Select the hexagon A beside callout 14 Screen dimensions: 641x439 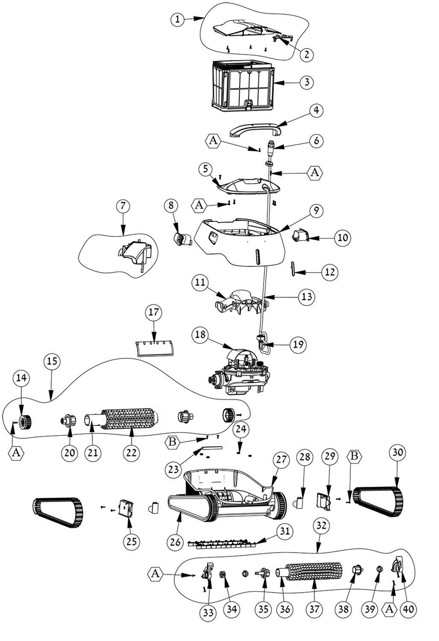16,452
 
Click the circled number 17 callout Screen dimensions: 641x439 154,313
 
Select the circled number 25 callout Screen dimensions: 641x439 131,541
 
